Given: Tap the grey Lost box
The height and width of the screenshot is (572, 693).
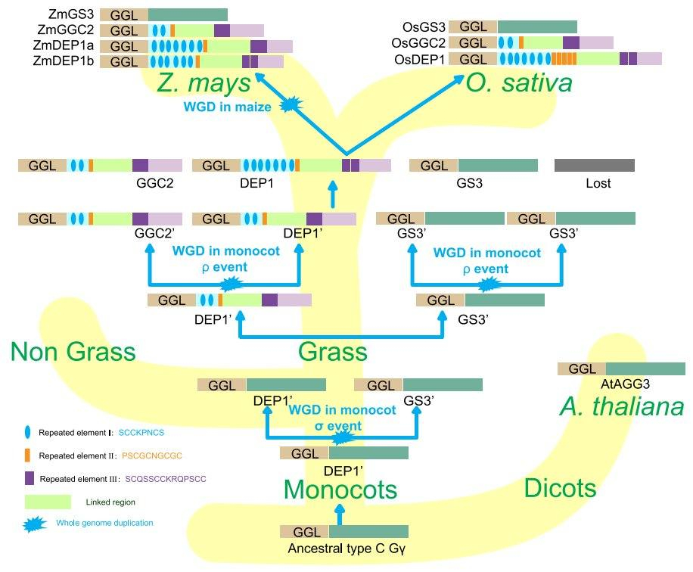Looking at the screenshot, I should click(x=594, y=165).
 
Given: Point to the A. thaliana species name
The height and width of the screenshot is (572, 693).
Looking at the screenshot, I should click(x=622, y=407).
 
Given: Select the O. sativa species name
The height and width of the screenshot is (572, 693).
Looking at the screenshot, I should click(x=519, y=83).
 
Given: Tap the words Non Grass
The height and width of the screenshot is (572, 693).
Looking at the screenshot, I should click(x=73, y=351).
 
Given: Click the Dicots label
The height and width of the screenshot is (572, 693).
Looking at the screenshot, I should click(x=561, y=489).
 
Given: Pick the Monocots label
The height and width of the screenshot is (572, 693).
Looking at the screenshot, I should click(x=340, y=490).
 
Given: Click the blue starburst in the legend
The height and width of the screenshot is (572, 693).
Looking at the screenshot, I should click(x=36, y=523).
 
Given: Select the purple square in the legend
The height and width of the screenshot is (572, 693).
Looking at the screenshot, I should click(x=29, y=478).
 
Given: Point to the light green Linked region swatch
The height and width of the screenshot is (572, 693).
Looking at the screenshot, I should click(x=48, y=502).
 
